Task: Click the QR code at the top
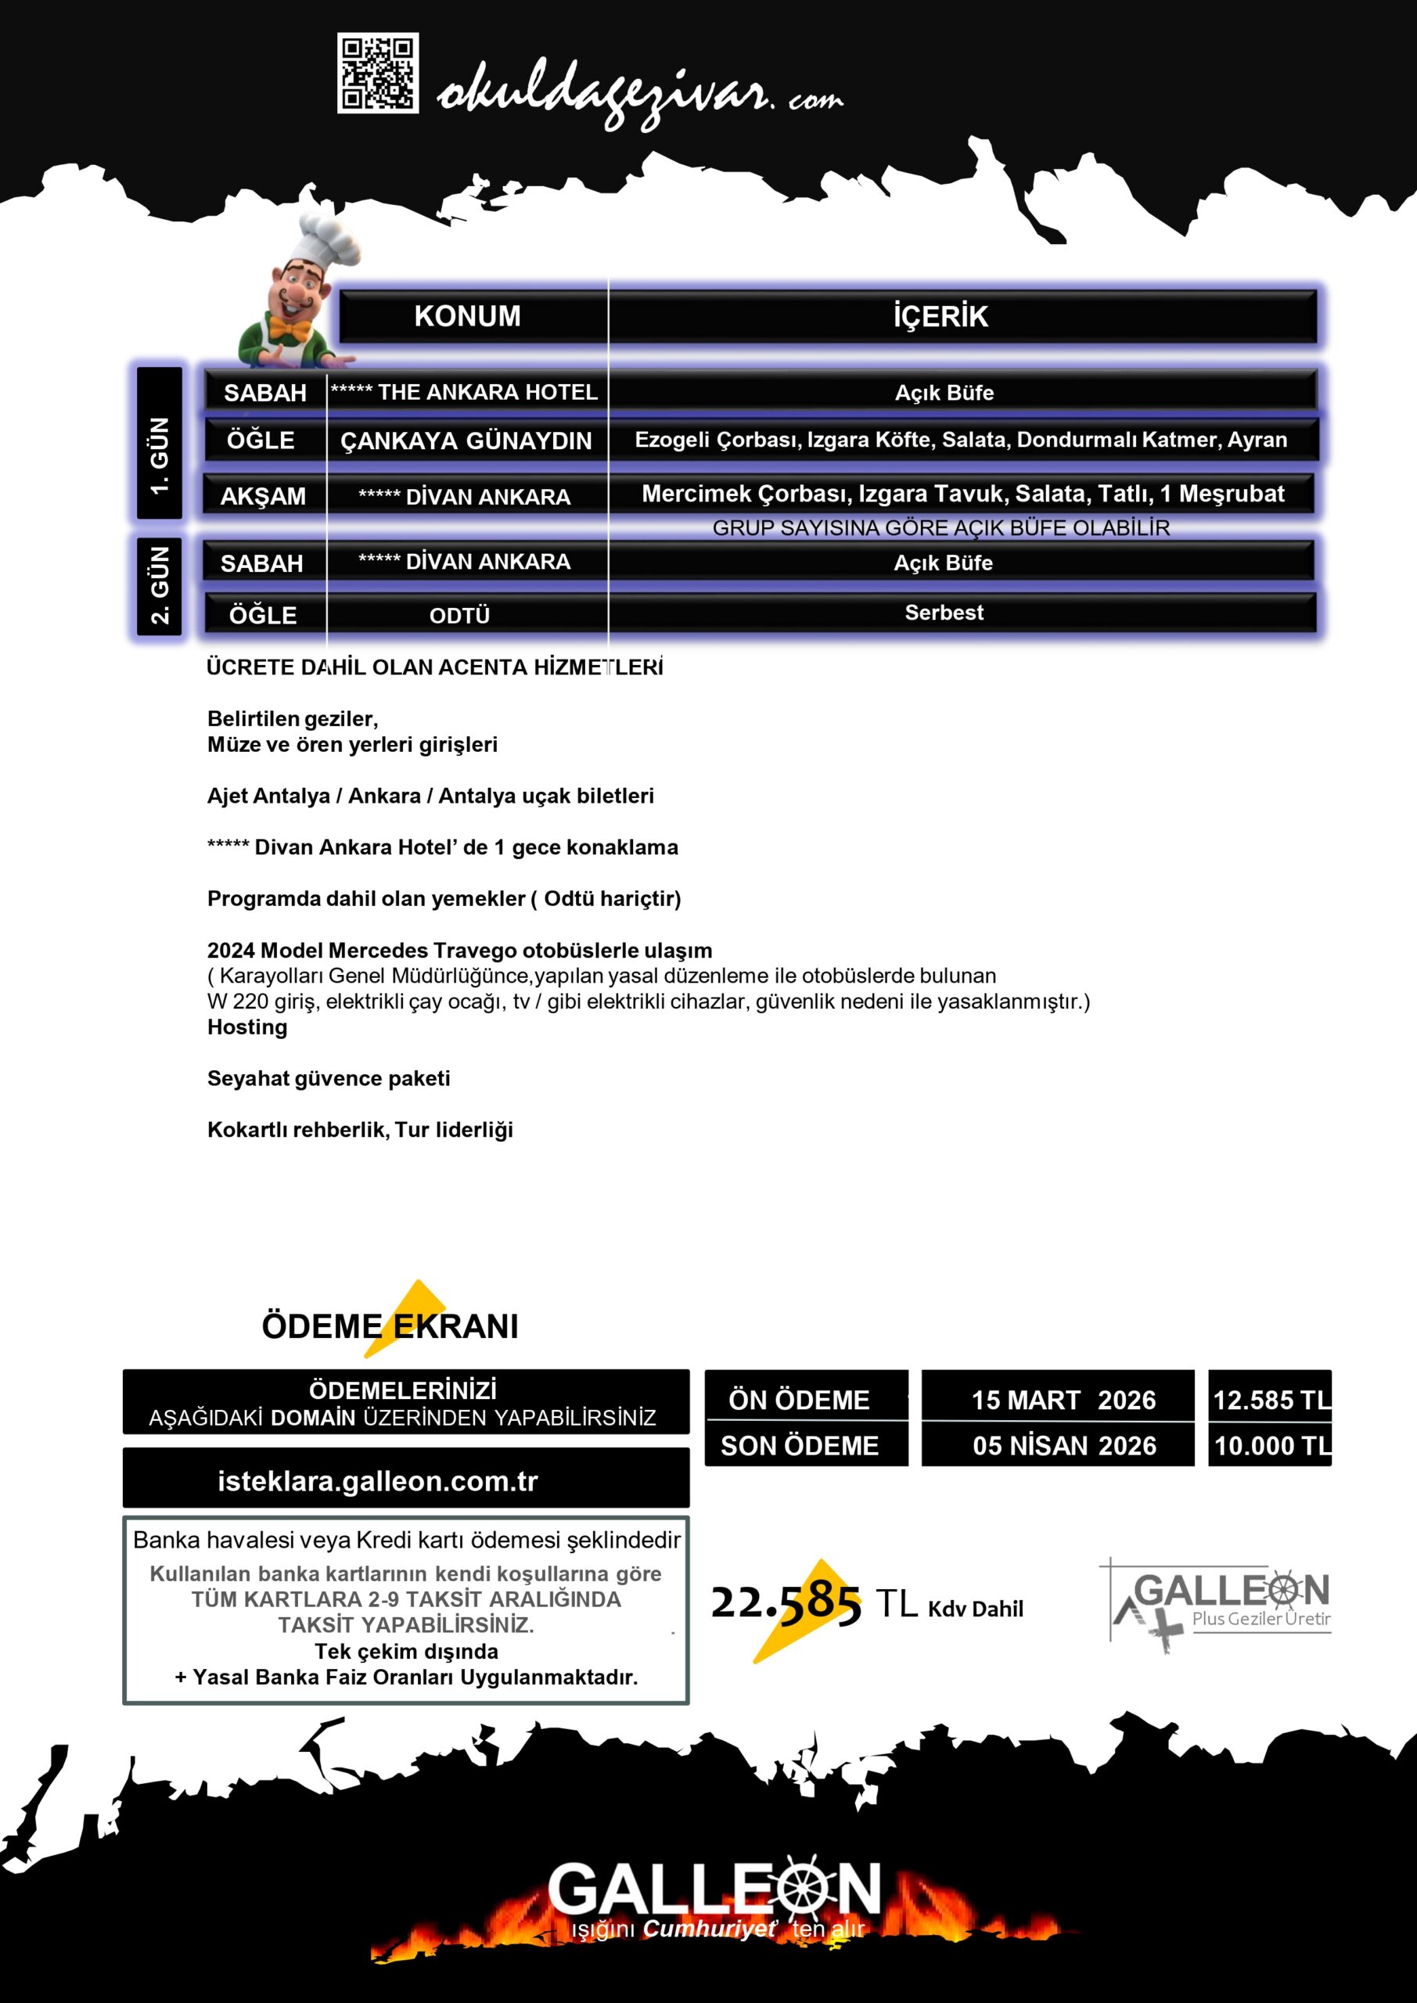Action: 378,74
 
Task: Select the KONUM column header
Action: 468,316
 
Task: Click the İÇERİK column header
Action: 940,316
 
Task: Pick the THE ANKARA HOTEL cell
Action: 465,393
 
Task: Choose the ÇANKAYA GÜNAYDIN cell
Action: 466,441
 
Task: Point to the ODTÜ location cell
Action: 460,615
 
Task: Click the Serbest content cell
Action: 944,613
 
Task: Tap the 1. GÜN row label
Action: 160,455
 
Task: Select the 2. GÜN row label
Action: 160,584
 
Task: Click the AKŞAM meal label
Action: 263,496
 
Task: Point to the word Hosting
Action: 247,1027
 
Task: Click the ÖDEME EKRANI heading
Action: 390,1326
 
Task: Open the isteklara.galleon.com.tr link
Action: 378,1480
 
